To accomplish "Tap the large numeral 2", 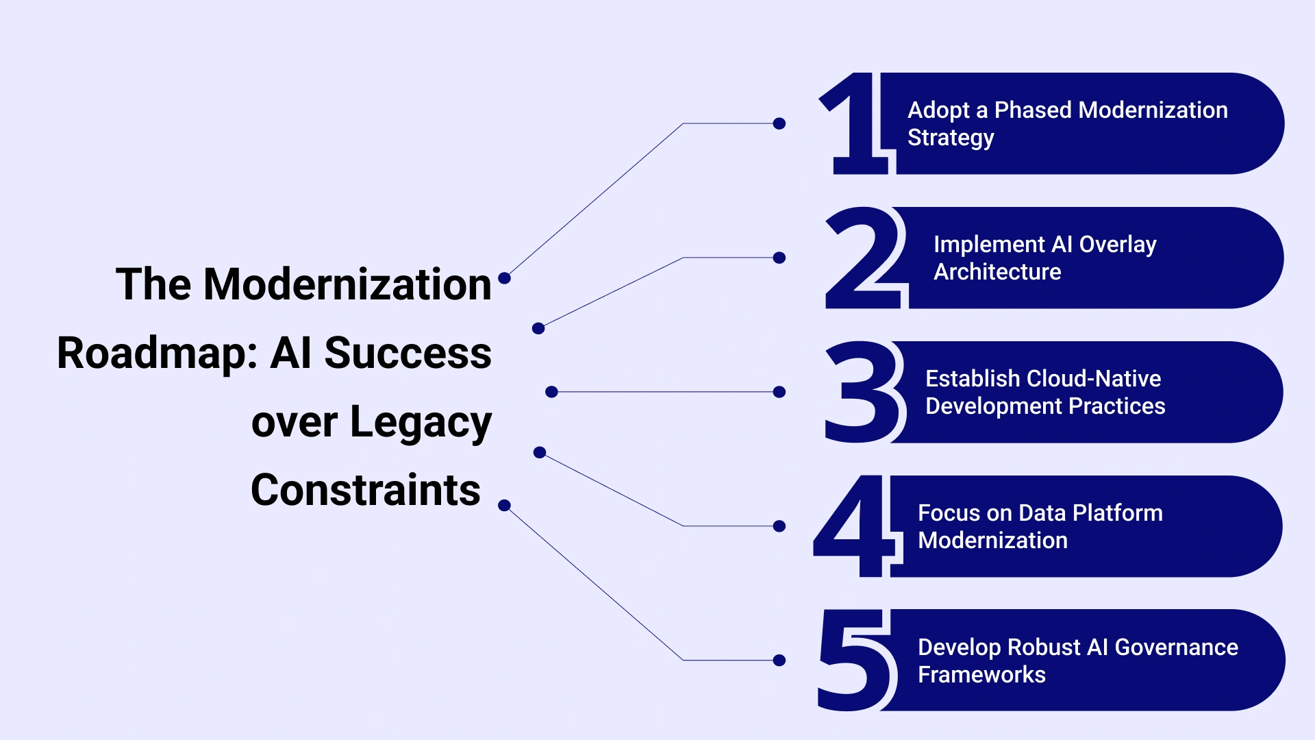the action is click(864, 258).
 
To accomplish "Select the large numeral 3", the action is click(864, 392).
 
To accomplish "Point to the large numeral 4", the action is click(854, 526).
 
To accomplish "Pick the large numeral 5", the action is click(857, 660).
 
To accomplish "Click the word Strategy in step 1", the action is click(951, 138).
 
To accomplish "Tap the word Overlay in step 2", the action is click(1118, 245).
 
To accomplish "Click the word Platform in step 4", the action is click(1118, 513).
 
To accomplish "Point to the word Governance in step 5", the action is click(1177, 647).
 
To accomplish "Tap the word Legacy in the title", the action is click(421, 423).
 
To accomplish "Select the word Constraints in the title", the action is click(366, 490).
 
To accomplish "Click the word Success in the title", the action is click(408, 353).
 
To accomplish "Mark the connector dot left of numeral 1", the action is click(779, 123).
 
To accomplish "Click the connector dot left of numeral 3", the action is click(779, 392).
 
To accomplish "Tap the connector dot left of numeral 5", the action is click(779, 661).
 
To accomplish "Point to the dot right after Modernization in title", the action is click(505, 278).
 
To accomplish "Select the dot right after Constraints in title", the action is click(505, 506).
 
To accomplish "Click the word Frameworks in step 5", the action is click(981, 675).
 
